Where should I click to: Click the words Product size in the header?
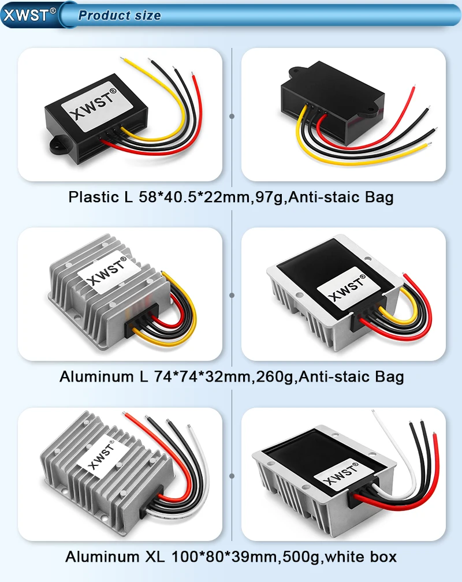[120, 16]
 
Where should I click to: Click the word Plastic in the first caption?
[92, 197]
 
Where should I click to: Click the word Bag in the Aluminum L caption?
[389, 377]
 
